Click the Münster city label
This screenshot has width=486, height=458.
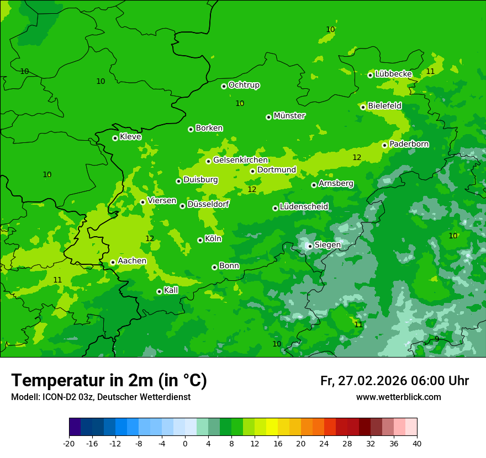pos(289,116)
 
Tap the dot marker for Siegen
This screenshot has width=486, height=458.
pos(310,246)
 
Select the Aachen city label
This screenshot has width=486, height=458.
pos(132,261)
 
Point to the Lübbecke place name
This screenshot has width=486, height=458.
pos(393,74)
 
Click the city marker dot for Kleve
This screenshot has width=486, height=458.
pos(115,138)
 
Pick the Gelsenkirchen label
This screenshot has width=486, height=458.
pos(240,160)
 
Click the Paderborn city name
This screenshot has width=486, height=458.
pos(409,144)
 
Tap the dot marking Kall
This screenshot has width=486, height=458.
pos(159,291)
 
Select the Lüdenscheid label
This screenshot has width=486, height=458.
pos(304,207)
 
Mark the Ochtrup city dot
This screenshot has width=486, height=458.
pos(224,86)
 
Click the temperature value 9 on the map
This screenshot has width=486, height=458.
pos(437,339)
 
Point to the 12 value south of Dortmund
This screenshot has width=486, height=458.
pos(252,189)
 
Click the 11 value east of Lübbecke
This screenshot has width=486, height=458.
pos(430,72)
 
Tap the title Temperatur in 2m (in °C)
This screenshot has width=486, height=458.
pos(109,380)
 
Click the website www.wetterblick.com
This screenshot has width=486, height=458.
pos(398,397)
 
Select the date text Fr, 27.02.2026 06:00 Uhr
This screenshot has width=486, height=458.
pos(394,381)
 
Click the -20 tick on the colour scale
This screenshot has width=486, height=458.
pos(69,443)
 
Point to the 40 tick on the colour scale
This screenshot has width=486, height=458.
pos(417,443)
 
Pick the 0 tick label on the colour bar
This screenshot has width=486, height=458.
pos(185,443)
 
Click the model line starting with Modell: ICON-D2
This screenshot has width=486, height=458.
pos(101,397)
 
